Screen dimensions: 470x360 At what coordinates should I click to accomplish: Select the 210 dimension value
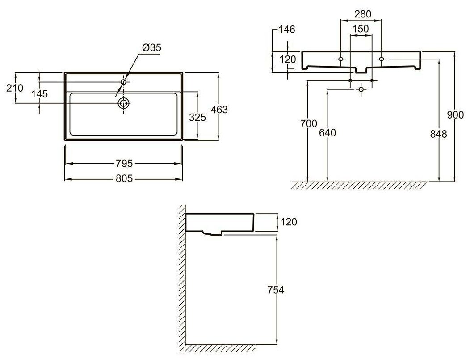tap(15, 88)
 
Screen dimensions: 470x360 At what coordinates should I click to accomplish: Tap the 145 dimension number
tap(40, 94)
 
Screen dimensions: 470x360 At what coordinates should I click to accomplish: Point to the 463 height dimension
tap(219, 110)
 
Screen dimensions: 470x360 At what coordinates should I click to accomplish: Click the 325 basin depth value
tap(197, 118)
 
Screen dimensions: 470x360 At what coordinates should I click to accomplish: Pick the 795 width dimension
tap(124, 163)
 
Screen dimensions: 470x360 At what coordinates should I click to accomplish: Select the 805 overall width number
tap(124, 178)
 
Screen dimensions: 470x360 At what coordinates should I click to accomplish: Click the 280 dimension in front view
tap(362, 14)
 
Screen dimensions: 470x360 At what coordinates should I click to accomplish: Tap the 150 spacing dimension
tap(360, 29)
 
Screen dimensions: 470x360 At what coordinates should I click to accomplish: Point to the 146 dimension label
tap(286, 30)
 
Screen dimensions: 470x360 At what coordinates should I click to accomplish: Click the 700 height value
tap(309, 124)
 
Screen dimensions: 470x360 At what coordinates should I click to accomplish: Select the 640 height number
tap(327, 132)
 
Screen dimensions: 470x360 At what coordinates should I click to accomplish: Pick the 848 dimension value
tap(440, 133)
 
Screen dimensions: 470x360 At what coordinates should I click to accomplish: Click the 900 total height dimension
tap(455, 115)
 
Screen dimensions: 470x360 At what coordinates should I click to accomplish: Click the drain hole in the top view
tap(123, 103)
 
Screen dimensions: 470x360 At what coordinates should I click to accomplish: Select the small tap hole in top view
tap(124, 82)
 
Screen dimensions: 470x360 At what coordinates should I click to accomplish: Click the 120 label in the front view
tap(288, 59)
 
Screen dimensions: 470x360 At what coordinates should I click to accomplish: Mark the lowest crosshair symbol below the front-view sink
tap(361, 89)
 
